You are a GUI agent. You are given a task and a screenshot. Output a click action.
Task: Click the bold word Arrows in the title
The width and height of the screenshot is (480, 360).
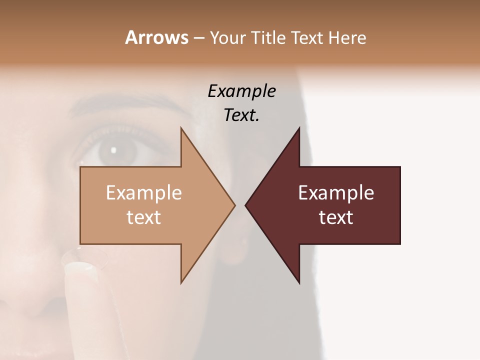point(156,37)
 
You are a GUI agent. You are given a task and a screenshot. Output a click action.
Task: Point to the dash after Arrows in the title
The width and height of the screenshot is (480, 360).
point(198,38)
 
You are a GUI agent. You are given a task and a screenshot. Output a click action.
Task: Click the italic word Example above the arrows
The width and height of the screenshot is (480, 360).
point(241,91)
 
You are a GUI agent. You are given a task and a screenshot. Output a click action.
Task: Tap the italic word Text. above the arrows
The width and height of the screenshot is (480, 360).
point(241,115)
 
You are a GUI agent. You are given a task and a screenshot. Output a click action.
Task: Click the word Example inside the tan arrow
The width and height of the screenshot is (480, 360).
point(143,193)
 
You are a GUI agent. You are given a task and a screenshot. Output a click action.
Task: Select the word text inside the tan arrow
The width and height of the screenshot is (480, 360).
point(143,217)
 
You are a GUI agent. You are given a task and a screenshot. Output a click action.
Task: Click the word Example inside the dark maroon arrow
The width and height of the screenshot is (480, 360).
point(336,193)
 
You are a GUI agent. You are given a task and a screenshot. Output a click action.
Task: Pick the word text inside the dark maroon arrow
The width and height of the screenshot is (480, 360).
point(336,217)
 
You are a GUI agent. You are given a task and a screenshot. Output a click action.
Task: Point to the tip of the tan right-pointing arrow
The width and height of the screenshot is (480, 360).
point(235,205)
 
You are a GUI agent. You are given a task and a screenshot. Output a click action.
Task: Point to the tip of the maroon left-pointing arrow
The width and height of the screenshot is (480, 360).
point(245,205)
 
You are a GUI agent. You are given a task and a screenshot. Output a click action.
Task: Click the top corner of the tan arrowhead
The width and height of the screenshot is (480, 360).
point(181,128)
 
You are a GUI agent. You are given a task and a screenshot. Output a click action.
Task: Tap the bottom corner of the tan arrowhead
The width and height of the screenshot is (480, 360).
point(181,283)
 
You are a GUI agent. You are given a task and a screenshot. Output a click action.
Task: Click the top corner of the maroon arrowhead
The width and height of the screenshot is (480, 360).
point(299,128)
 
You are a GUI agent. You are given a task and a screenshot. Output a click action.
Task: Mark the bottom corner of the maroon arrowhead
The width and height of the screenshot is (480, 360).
point(299,283)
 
